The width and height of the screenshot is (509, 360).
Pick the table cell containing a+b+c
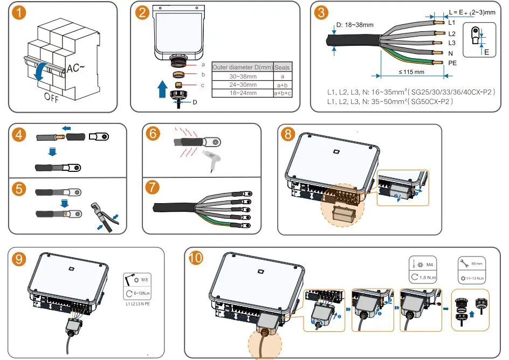click(282, 93)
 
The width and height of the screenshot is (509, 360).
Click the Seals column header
click(282, 67)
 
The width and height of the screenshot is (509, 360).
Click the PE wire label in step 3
click(453, 63)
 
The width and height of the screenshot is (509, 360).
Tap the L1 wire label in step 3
click(452, 23)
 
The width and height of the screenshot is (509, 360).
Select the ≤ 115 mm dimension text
click(411, 72)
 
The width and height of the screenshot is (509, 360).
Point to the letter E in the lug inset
click(486, 52)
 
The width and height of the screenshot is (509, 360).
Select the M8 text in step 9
click(145, 280)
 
